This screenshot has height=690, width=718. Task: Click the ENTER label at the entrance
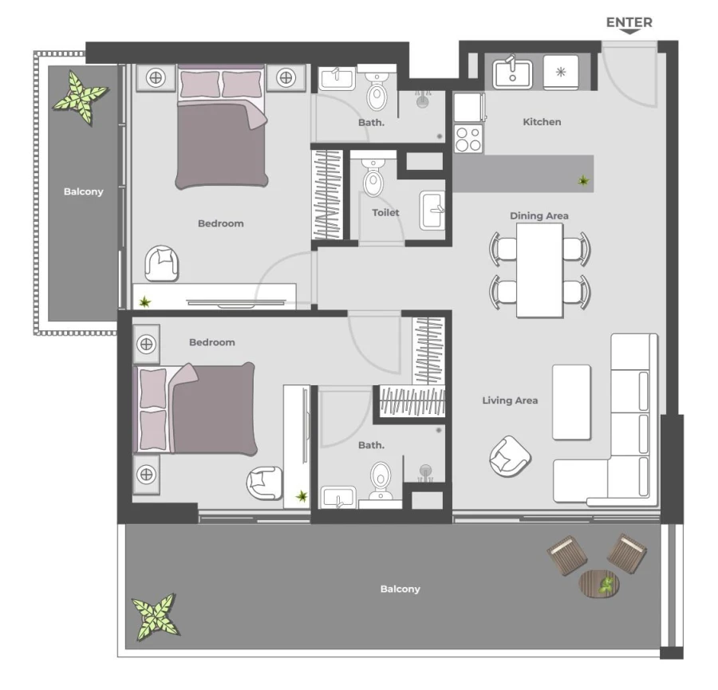tap(629, 22)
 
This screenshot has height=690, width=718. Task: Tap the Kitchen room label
tap(542, 122)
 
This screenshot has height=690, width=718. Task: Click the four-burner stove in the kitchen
tap(468, 139)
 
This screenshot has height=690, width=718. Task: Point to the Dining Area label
tap(539, 215)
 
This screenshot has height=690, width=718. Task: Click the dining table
tap(539, 270)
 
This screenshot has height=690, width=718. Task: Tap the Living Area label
tap(510, 400)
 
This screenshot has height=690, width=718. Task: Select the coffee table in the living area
tap(571, 402)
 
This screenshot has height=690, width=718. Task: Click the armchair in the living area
tap(510, 456)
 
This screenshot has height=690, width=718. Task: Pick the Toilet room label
tap(385, 213)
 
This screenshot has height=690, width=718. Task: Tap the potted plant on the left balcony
tap(81, 97)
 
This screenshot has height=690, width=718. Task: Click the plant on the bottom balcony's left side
tap(156, 617)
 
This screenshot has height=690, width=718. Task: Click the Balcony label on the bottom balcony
tap(400, 589)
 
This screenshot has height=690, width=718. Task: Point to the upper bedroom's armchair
tap(163, 263)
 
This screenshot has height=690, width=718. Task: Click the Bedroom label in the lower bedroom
tap(212, 342)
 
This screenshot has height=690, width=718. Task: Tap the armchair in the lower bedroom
tap(263, 483)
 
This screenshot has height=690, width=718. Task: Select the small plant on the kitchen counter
tap(584, 181)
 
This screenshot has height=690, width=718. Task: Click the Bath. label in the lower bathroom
tap(371, 445)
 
